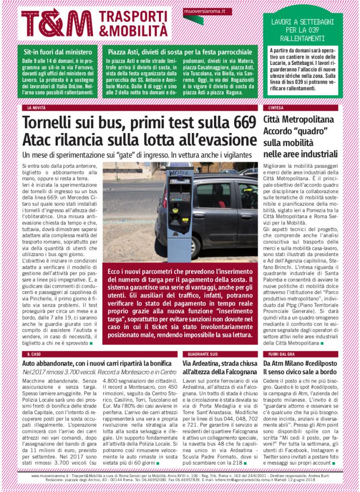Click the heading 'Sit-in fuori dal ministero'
coord(55,52)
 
